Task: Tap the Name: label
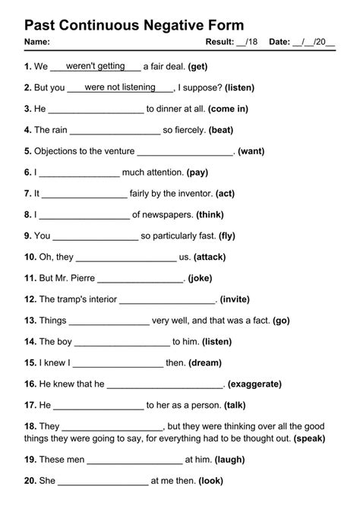[x=37, y=41]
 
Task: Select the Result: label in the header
[x=220, y=41]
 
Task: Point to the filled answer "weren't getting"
[x=96, y=66]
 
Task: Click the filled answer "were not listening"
[x=120, y=87]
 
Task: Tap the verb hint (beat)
[x=220, y=130]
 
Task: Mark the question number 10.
[x=30, y=257]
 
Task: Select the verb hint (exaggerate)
[x=254, y=384]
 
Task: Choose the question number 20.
[x=30, y=481]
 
